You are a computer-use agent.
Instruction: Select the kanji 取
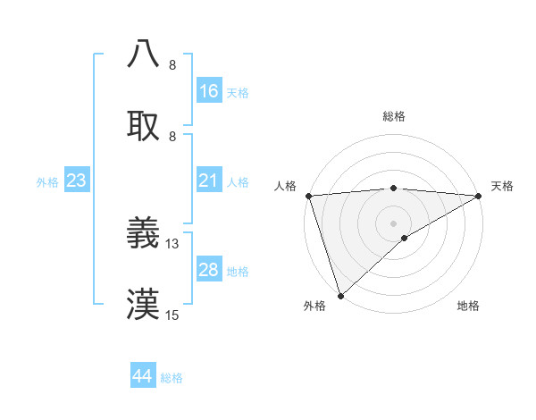(144, 125)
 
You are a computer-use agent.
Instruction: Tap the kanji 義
(144, 232)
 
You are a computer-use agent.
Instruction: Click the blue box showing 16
(209, 90)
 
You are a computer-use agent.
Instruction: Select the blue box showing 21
(209, 181)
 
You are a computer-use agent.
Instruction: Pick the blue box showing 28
(209, 270)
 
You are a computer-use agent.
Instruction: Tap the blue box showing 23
(77, 181)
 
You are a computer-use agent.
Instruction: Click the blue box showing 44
(143, 376)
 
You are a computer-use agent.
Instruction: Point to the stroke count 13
(172, 243)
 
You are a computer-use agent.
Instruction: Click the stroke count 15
(172, 315)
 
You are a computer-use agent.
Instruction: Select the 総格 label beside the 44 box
(172, 378)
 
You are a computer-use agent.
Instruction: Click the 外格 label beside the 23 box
(47, 181)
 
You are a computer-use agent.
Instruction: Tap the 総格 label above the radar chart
(394, 116)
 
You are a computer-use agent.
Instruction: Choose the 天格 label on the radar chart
(502, 186)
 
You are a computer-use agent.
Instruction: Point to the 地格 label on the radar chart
(468, 307)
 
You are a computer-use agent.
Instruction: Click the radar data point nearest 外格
(340, 295)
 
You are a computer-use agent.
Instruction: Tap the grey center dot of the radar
(394, 223)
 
